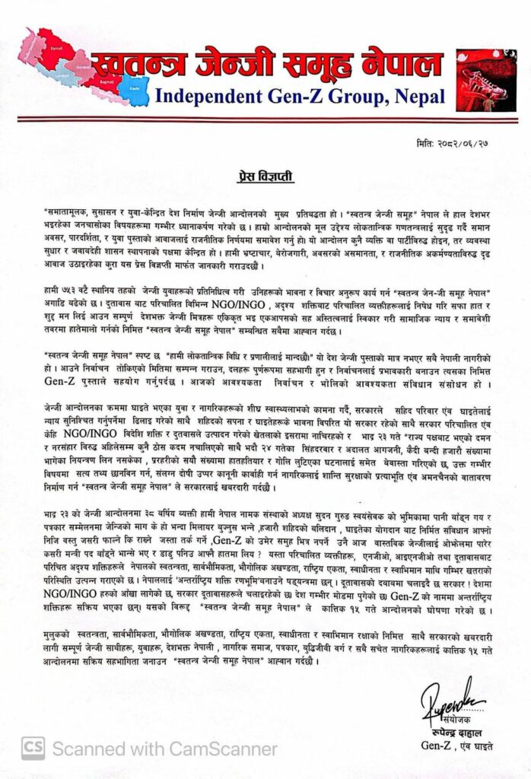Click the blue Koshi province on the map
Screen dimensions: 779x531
coord(138,85)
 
